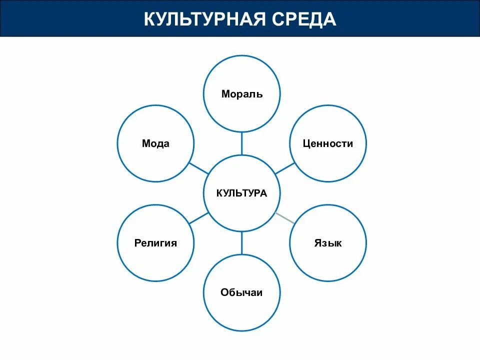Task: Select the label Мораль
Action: click(x=242, y=94)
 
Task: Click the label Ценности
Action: click(x=328, y=144)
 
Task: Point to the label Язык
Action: click(x=328, y=243)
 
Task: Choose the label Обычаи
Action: click(x=241, y=293)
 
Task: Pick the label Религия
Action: click(x=155, y=243)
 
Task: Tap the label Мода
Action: click(x=155, y=144)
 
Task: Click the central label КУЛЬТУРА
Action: click(x=241, y=193)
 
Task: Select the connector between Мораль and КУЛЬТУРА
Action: click(x=242, y=143)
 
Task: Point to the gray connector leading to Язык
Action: click(x=285, y=218)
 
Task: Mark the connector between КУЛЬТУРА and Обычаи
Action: click(x=242, y=243)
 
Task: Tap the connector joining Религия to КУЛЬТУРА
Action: click(x=199, y=218)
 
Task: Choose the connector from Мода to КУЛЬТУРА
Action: click(x=199, y=168)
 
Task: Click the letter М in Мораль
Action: click(x=225, y=94)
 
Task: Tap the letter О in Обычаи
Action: click(x=224, y=293)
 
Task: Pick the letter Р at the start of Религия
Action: click(x=137, y=243)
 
